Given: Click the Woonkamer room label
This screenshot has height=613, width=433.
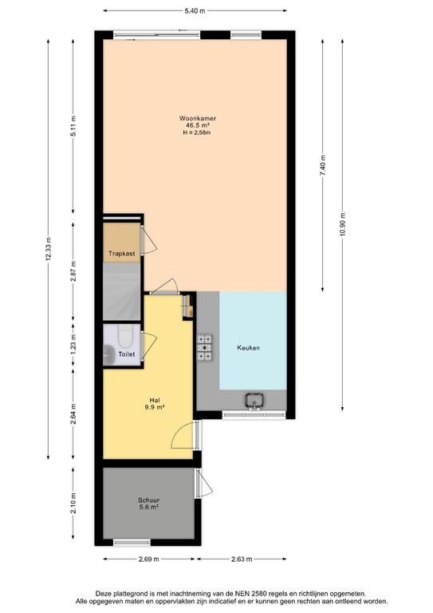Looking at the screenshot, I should pos(197,118).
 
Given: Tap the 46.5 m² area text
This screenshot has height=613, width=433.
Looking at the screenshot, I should pos(197,125).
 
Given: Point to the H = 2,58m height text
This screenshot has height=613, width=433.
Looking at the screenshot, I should pos(197,132).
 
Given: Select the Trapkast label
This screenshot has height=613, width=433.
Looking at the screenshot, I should pos(122,255).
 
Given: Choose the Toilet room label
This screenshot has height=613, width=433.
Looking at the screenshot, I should pos(126,354).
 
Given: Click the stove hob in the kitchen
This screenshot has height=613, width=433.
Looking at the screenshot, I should pos(205,345).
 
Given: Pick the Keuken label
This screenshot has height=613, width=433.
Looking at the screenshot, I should pos(248,348).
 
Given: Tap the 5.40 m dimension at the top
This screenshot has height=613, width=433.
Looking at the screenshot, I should pos(195,10).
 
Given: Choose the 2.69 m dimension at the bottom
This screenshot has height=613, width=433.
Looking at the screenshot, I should pos(148,560).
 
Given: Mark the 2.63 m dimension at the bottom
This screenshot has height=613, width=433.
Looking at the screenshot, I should pos(242,560).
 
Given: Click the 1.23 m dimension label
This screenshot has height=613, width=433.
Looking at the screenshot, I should pos(73,346).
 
